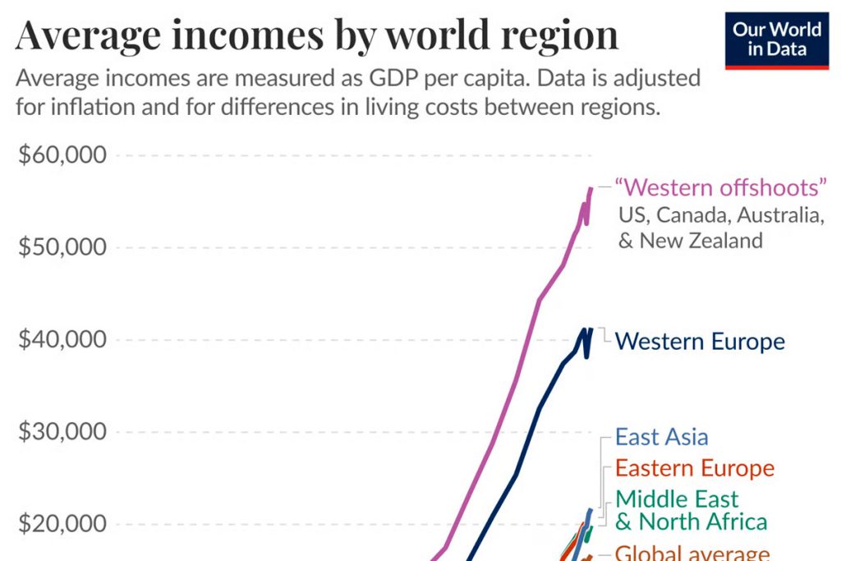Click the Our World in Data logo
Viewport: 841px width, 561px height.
click(777, 39)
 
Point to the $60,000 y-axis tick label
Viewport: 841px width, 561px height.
click(62, 155)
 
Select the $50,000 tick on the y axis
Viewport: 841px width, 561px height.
click(62, 247)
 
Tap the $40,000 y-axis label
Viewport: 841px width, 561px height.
click(62, 339)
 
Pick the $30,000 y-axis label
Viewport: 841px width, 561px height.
click(62, 432)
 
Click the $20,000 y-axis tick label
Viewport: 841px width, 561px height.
click(62, 524)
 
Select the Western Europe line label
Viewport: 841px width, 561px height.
click(700, 341)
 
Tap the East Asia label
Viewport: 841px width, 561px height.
click(661, 437)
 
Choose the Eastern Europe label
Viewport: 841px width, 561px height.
click(695, 469)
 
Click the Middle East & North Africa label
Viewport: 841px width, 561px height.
click(691, 510)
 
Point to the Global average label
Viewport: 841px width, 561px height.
click(692, 553)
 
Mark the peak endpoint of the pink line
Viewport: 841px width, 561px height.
click(590, 189)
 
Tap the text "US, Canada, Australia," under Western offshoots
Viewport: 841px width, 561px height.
click(721, 216)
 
